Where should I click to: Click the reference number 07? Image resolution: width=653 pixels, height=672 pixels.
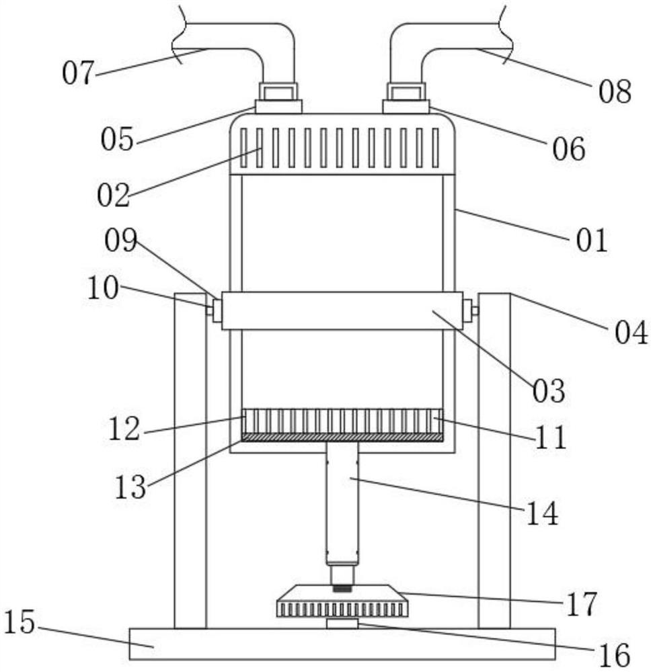(77, 73)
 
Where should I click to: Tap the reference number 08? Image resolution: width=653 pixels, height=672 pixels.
(615, 91)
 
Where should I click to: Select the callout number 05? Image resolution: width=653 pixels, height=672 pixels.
(117, 139)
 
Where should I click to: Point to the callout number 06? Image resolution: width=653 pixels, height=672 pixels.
(568, 149)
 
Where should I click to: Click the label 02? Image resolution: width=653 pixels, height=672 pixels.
(113, 196)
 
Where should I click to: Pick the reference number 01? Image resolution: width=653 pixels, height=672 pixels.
(592, 240)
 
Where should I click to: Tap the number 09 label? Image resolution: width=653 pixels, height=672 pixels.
(121, 240)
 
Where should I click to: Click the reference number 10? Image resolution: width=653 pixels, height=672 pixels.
(103, 288)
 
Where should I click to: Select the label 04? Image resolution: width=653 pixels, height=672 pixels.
(631, 333)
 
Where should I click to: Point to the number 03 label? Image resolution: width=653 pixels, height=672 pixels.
(549, 391)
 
